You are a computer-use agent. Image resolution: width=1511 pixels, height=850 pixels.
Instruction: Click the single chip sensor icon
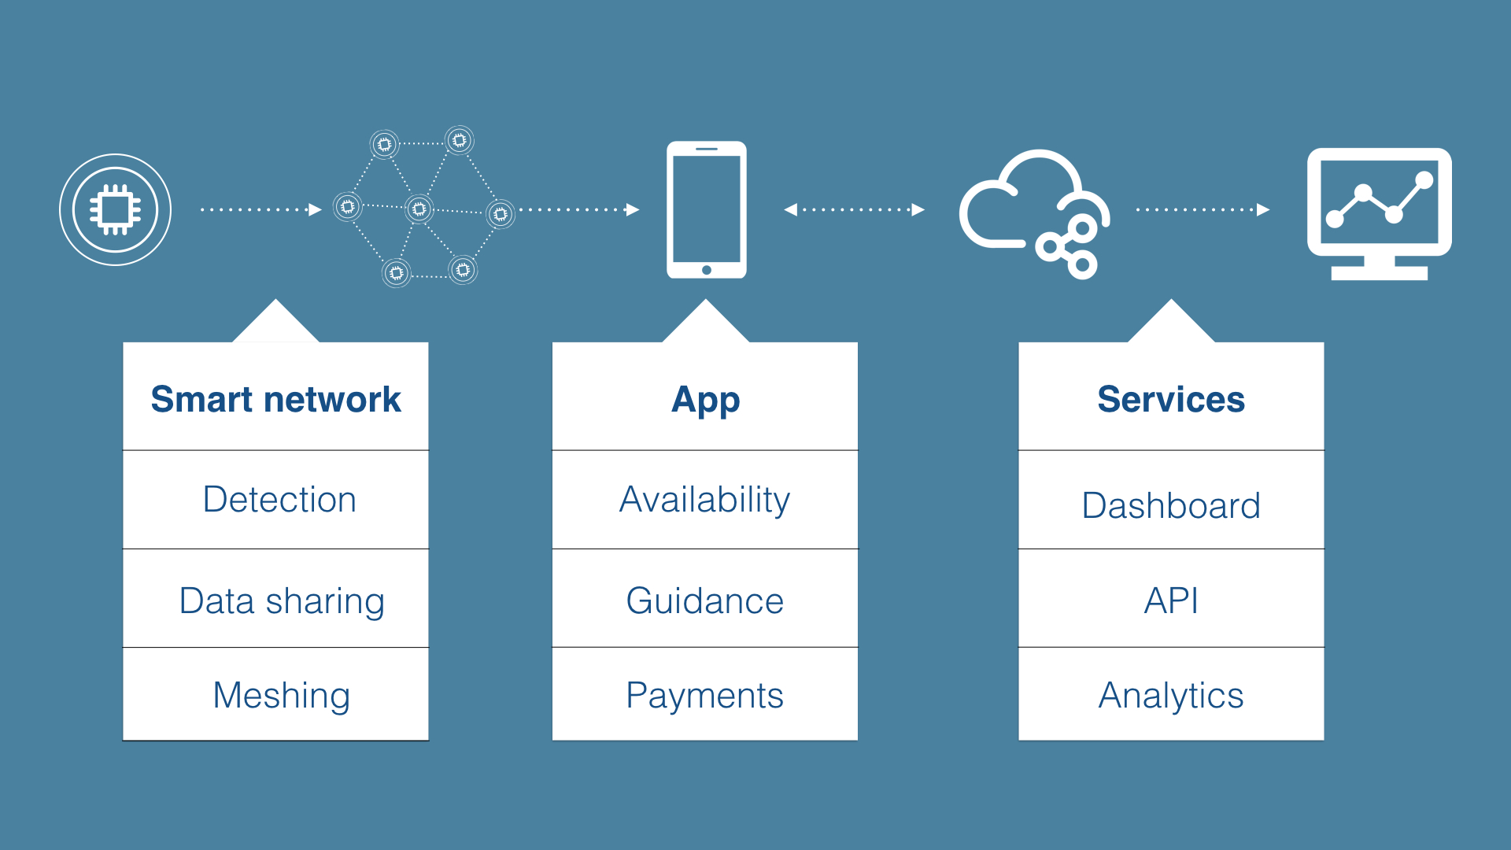(x=115, y=209)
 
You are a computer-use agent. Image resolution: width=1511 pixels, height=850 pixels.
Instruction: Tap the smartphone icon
(x=706, y=209)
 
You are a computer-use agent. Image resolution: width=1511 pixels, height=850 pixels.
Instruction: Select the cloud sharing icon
(x=1033, y=214)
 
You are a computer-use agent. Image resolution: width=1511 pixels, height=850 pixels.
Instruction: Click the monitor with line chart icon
(x=1379, y=213)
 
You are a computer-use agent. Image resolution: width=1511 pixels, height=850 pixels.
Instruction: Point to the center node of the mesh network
(x=419, y=209)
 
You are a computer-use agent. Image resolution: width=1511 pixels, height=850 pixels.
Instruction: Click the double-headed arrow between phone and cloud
(x=854, y=209)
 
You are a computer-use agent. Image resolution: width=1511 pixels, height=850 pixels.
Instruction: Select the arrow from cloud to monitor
(x=1203, y=209)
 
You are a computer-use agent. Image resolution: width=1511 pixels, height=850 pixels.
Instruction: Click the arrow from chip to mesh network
(x=261, y=209)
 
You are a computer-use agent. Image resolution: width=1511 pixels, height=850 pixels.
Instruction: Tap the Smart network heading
(x=275, y=399)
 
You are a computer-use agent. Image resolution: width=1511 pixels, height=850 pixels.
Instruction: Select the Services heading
(x=1171, y=399)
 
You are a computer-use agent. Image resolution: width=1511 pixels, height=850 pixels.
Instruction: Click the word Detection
(x=279, y=499)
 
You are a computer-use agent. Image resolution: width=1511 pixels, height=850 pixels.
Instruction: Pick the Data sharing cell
(x=275, y=598)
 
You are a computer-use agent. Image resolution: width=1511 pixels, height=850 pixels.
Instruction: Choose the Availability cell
(x=705, y=500)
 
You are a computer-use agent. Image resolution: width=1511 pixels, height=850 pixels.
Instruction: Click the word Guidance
(x=705, y=601)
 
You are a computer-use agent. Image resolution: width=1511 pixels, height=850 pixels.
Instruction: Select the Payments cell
(x=705, y=694)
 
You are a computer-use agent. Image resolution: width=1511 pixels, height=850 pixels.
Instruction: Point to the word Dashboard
(x=1171, y=505)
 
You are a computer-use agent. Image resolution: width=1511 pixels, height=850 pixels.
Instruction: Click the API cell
(x=1171, y=598)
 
